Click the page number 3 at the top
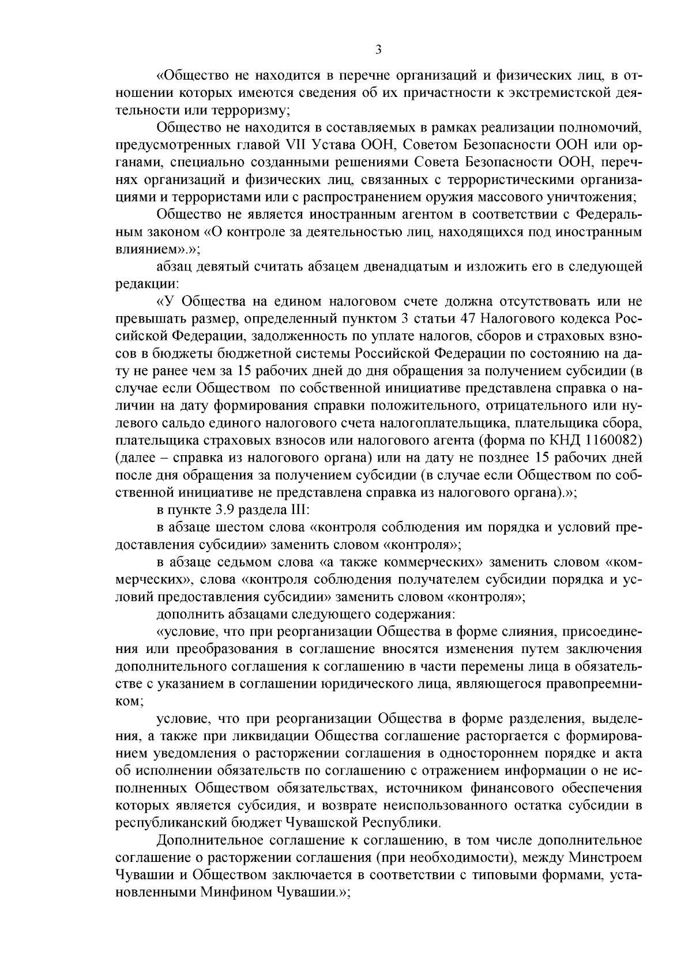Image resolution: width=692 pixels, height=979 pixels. pyautogui.click(x=378, y=50)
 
